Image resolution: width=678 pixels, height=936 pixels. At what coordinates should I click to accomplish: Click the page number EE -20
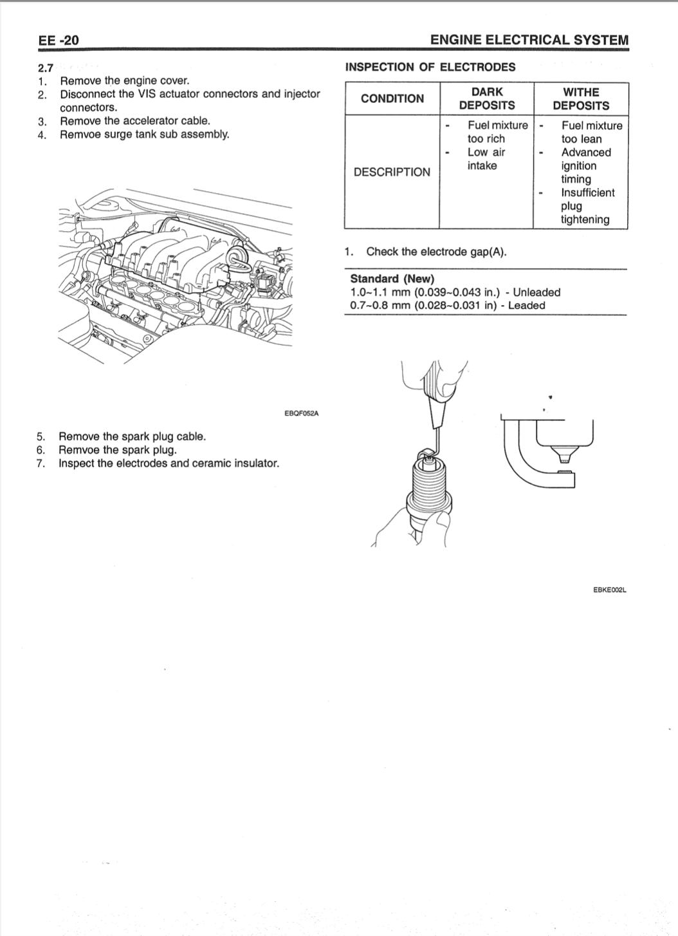pos(59,40)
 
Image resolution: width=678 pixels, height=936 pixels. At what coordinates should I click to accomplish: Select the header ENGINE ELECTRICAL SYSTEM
pos(529,40)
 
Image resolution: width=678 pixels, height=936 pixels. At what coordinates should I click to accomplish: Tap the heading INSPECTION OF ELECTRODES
pos(430,67)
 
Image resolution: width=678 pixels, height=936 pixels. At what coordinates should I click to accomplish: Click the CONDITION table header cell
pos(392,98)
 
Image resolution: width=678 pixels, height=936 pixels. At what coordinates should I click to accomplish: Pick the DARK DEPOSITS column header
pos(487,98)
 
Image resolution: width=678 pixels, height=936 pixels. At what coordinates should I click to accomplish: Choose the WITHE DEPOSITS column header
pos(581,98)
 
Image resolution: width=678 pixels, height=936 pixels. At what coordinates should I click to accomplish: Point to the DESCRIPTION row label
pos(392,172)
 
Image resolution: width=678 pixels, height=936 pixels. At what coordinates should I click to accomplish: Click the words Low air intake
pos(486,159)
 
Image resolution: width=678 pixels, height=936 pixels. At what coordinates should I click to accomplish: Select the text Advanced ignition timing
pos(585,165)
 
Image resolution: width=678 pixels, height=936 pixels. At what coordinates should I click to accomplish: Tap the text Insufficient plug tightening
pos(587,206)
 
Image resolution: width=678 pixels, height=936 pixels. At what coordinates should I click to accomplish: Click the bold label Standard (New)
pos(392,279)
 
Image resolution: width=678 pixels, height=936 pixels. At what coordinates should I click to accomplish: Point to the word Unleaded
pos(536,292)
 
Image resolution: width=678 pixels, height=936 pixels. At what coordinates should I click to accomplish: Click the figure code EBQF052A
pos(301,413)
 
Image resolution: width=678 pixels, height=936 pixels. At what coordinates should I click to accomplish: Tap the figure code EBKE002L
pos(610,589)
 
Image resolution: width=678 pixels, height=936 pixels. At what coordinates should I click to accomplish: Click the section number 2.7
pos(46,68)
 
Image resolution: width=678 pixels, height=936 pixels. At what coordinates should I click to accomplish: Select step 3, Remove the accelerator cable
pos(134,120)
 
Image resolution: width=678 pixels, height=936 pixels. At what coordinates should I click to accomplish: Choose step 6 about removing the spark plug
pos(117,450)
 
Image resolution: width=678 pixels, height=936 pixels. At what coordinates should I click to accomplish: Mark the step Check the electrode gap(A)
pos(436,252)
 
